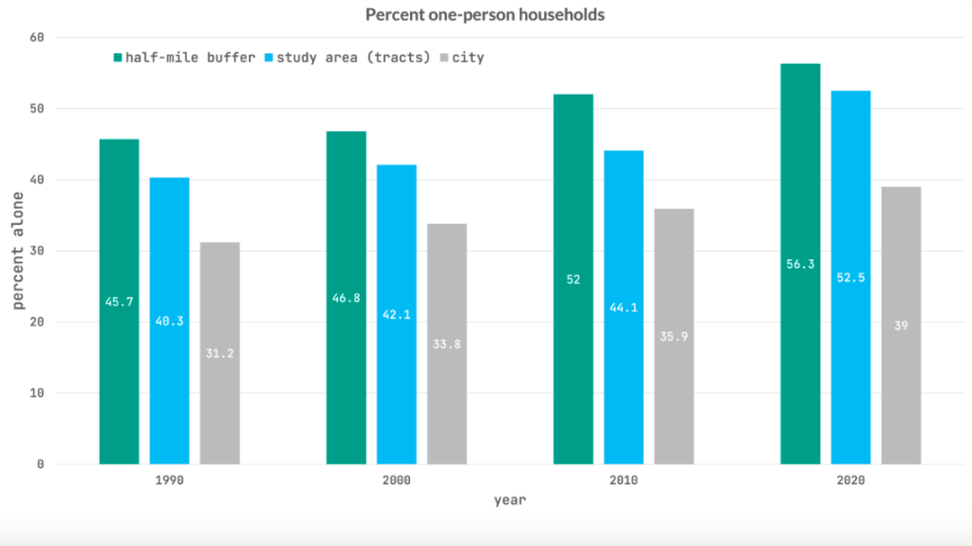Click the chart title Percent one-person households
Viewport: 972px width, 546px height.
485,14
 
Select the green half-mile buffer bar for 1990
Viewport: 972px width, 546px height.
119,302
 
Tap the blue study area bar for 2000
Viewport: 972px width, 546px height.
397,314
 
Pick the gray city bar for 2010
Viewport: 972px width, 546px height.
674,336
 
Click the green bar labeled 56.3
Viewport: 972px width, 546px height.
800,264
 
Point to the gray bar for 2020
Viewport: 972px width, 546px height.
902,325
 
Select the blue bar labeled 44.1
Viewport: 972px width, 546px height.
624,307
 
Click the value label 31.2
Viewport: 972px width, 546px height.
220,353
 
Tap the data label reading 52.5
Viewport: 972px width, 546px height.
850,278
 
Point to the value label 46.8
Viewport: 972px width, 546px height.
346,298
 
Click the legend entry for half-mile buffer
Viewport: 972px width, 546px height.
184,58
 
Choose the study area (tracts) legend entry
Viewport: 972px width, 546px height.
347,58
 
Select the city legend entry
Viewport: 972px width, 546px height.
462,58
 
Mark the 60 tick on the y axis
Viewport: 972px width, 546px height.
37,38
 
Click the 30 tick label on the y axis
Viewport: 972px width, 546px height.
37,252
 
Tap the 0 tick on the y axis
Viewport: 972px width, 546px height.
40,464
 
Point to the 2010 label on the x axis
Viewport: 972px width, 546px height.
624,480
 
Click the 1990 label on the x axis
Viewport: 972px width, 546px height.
169,480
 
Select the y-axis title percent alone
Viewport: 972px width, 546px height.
18,251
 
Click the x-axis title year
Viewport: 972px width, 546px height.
510,500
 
